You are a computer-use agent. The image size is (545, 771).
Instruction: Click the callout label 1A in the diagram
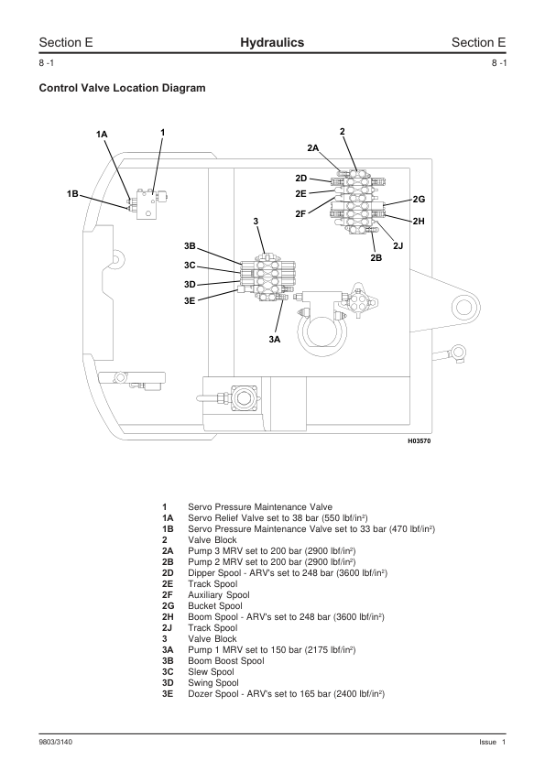pos(102,135)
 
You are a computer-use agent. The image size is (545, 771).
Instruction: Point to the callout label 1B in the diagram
pos(72,194)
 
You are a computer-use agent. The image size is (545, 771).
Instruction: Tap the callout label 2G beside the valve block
pos(419,199)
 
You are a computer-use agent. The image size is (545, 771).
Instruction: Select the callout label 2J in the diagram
pos(398,245)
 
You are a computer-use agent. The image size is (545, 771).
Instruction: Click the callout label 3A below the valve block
pos(275,340)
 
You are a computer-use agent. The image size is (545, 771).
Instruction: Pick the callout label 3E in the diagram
pos(190,301)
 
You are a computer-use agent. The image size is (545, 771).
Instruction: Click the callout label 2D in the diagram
pos(301,178)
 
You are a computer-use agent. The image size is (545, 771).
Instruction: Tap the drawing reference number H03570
pos(420,441)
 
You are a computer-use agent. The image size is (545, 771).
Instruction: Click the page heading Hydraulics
pos(272,43)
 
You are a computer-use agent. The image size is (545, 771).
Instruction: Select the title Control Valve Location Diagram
pos(122,88)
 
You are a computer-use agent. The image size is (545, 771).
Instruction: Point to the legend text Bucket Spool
pos(215,606)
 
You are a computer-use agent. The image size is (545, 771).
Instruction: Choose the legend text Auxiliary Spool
pos(219,595)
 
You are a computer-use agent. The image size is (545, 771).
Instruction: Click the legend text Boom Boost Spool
pos(225,661)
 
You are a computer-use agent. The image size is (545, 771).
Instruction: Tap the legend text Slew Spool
pos(211,672)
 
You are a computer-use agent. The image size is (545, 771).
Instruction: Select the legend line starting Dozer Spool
pos(287,694)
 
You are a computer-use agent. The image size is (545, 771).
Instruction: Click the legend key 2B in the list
pos(168,562)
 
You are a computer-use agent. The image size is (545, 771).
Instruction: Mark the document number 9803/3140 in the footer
pos(56,742)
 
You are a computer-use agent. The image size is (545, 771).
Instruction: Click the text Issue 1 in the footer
pos(493,742)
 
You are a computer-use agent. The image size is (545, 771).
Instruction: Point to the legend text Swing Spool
pos(213,683)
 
